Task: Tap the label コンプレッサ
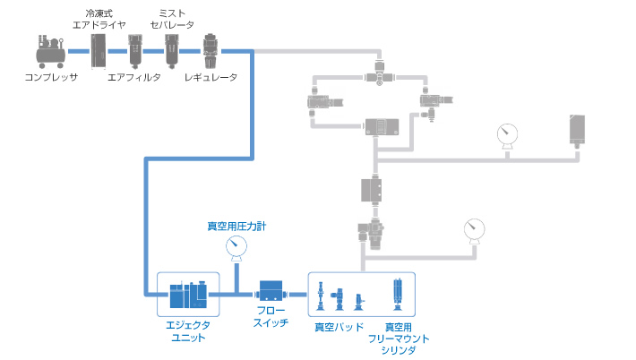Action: click(x=52, y=78)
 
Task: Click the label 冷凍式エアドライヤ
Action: click(x=99, y=19)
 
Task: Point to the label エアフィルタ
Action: click(x=133, y=78)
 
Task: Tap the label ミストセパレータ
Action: click(x=172, y=19)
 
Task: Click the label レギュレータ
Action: click(x=211, y=78)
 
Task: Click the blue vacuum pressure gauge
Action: click(x=236, y=246)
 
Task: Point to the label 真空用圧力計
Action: click(x=236, y=227)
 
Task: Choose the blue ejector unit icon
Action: click(x=189, y=292)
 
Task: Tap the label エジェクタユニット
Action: click(x=188, y=331)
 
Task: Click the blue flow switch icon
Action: click(x=271, y=292)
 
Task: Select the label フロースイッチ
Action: click(x=271, y=317)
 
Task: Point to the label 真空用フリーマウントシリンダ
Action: click(x=399, y=339)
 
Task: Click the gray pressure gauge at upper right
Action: click(x=508, y=134)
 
